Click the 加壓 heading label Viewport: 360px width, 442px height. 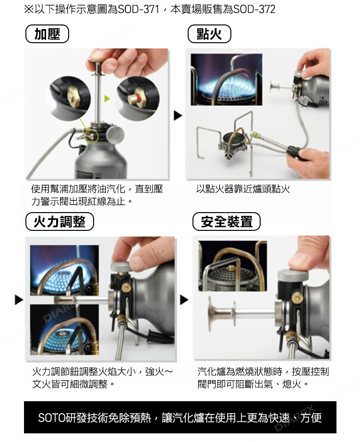(47, 34)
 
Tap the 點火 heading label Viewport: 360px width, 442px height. (209, 34)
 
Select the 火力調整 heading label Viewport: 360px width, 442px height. (60, 221)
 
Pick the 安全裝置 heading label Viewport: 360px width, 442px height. (227, 221)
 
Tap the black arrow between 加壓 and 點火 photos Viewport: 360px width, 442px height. (178, 116)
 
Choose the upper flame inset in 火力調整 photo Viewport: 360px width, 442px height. (64, 270)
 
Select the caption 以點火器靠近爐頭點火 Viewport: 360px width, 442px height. (243, 189)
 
